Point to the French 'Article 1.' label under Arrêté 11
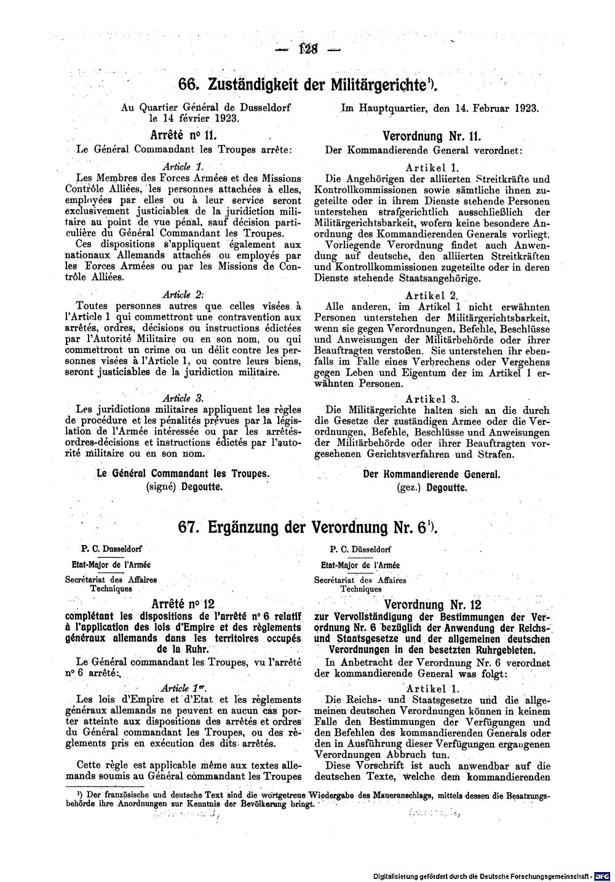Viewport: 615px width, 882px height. (x=182, y=166)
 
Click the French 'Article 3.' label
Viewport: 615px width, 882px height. (x=182, y=397)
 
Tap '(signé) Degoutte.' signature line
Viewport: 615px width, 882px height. (x=184, y=486)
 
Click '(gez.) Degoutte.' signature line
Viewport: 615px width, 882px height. (x=431, y=488)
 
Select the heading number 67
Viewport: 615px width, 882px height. (x=189, y=527)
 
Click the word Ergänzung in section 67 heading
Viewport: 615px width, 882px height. (x=255, y=527)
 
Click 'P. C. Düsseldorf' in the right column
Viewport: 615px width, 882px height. (x=360, y=549)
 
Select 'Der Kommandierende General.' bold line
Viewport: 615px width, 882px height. (x=432, y=475)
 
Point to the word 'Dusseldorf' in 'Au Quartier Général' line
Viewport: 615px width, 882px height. (x=260, y=107)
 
